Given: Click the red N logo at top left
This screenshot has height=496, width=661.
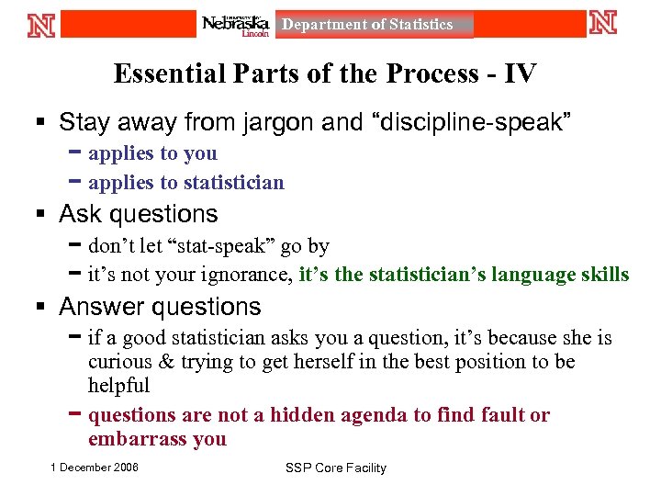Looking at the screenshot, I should click(42, 24).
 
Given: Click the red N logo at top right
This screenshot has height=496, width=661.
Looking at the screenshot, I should click(603, 23).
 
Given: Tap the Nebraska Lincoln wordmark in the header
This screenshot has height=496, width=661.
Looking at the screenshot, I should click(237, 25).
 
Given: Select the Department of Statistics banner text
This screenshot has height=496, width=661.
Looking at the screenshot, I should click(367, 25).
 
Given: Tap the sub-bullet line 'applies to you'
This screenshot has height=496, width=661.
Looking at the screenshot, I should click(152, 153).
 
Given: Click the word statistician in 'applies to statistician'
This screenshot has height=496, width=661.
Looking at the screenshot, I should click(234, 183).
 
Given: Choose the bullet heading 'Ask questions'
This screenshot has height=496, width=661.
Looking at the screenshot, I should click(139, 214).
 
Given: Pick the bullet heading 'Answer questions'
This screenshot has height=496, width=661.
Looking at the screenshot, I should click(160, 307).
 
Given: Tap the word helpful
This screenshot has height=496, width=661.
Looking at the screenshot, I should click(119, 386).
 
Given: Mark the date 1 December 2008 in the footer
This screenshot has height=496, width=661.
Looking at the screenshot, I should click(95, 468).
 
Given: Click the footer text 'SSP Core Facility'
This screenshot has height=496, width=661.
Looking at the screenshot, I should click(336, 468).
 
